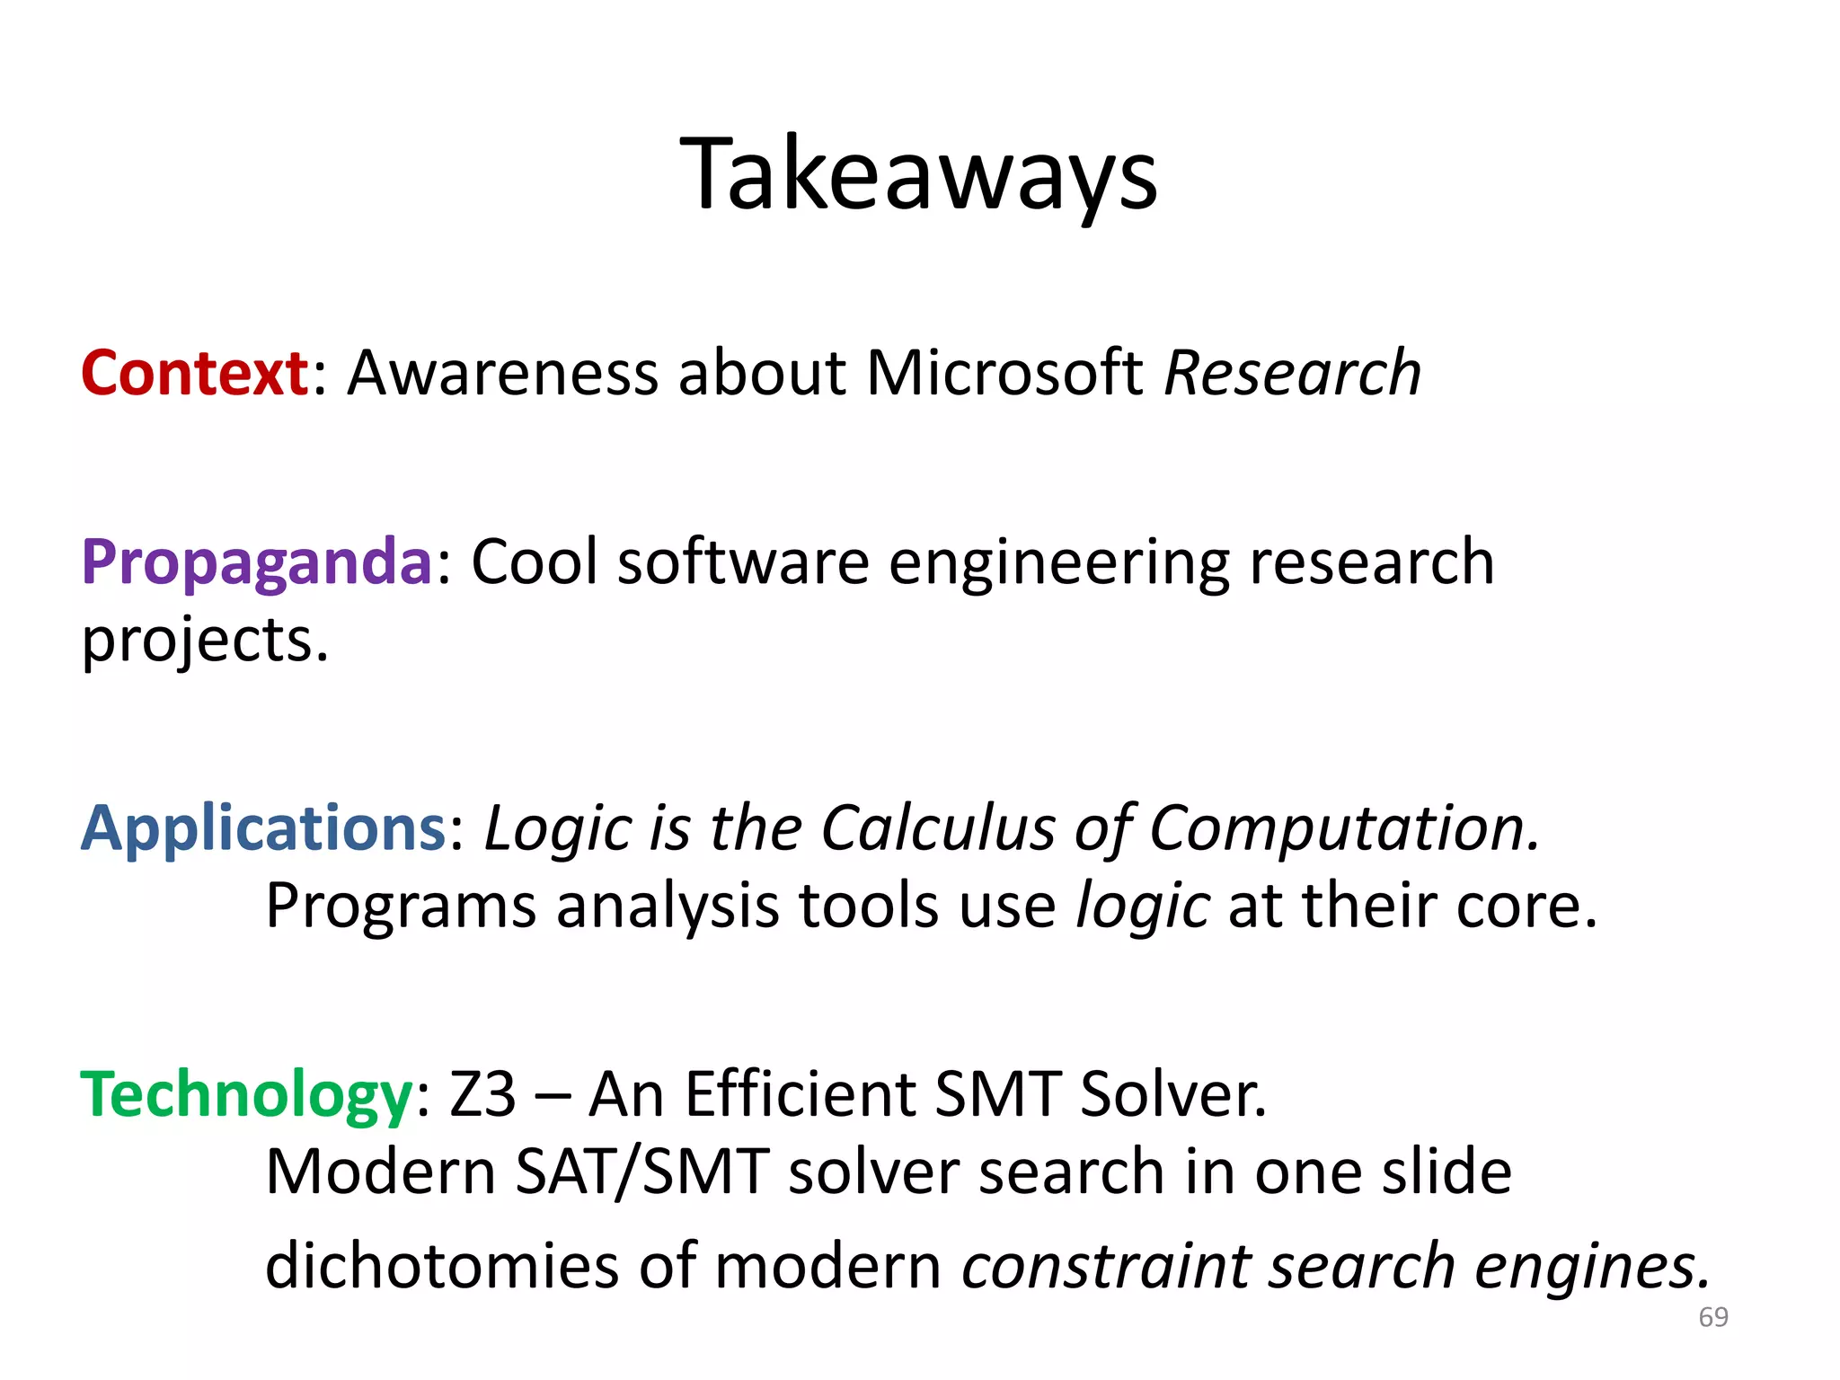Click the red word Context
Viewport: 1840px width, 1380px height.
[195, 373]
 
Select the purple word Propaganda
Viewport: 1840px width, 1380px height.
[257, 562]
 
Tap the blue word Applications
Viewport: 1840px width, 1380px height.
[263, 827]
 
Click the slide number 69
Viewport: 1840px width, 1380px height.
[1713, 1317]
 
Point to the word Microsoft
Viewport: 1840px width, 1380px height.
[1004, 373]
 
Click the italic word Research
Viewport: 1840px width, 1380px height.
[1293, 373]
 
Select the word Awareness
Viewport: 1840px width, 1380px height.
[503, 373]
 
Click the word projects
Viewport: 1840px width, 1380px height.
[205, 641]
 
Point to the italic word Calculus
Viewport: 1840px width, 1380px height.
[938, 827]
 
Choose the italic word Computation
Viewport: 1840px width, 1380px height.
[1344, 827]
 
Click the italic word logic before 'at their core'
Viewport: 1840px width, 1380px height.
[1143, 906]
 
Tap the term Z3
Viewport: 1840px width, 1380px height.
[483, 1094]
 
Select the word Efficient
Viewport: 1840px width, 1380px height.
[799, 1094]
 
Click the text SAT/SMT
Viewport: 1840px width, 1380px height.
[642, 1172]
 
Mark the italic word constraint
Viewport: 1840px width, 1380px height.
[1106, 1266]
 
